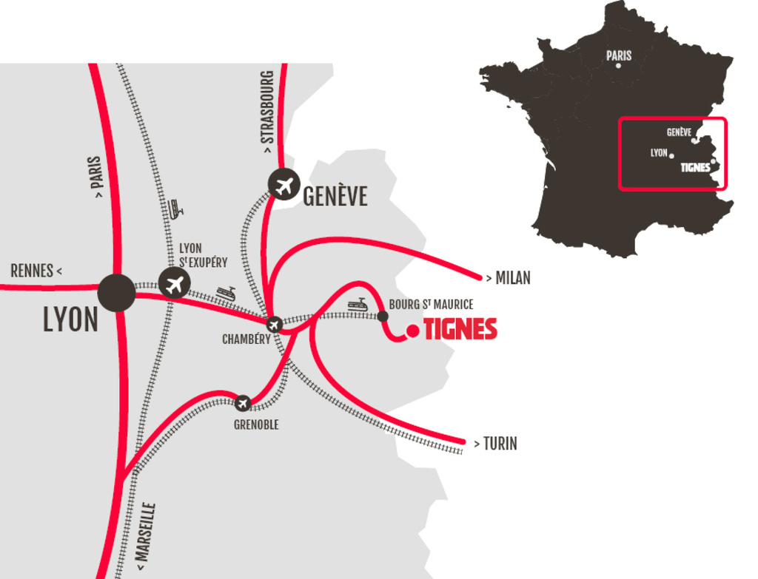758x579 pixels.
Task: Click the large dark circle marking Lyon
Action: coord(117,292)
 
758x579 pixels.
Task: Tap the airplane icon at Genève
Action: coord(284,184)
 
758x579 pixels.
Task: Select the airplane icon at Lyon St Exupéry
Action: coord(175,283)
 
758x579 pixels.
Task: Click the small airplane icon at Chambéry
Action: coord(275,324)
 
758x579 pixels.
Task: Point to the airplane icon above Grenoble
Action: coord(243,404)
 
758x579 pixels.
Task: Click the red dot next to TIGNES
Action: coord(413,331)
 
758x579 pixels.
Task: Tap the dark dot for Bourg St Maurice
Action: coord(383,316)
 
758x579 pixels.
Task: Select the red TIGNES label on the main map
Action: coord(460,330)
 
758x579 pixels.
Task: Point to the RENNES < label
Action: coord(36,271)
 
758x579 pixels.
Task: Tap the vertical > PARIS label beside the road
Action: coord(96,178)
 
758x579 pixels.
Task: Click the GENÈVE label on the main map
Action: coord(335,196)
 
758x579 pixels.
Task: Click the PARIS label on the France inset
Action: coord(619,55)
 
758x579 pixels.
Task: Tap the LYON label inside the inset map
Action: coord(659,153)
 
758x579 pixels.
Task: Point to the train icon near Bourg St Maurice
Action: coord(358,304)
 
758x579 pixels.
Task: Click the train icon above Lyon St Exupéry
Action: coord(175,209)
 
